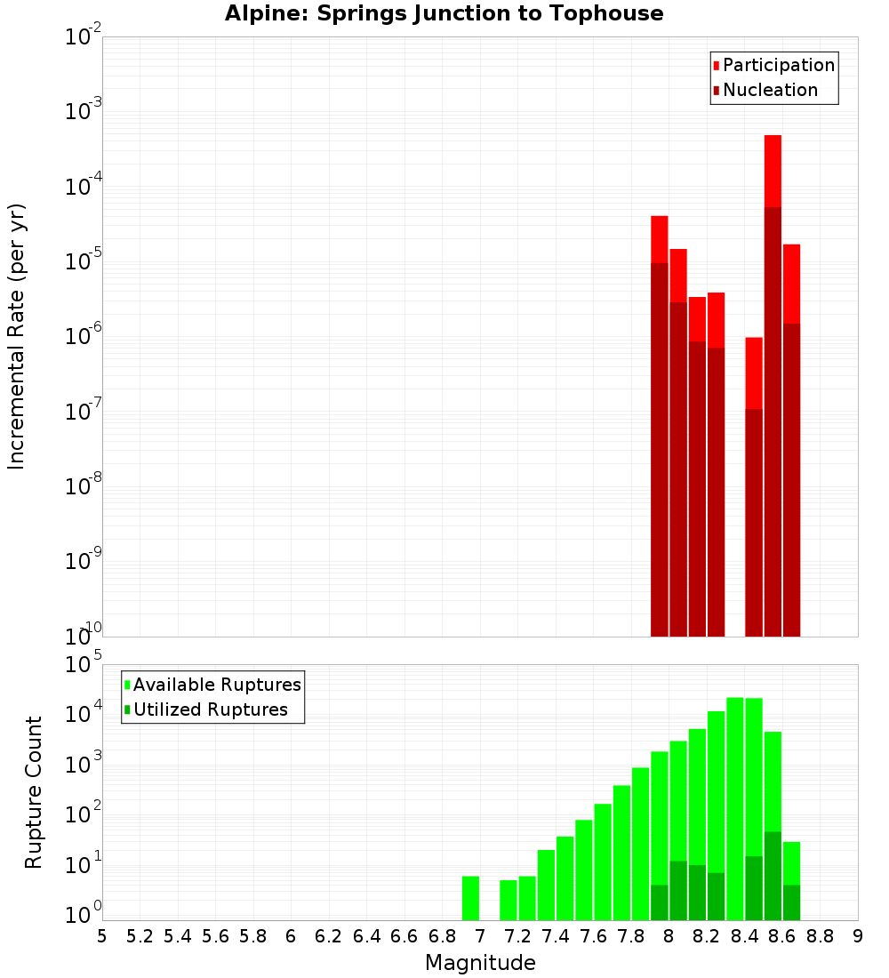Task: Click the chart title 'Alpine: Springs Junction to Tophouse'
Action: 444,13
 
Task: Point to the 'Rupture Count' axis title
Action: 34,792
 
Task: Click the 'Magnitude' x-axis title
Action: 480,963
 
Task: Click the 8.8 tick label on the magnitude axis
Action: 820,936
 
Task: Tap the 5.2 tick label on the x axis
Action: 140,936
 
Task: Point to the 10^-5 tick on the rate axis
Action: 84,261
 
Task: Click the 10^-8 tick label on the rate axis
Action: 84,486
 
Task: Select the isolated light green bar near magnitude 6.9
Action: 470,898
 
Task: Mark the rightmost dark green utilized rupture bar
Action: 791,902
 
